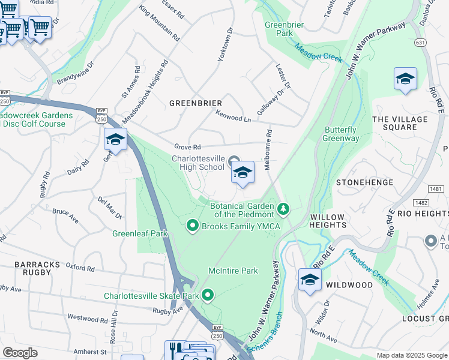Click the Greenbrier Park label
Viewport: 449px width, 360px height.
tap(285, 29)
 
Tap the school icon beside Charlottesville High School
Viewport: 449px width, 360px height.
tap(243, 173)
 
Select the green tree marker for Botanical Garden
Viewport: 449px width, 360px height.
tap(283, 209)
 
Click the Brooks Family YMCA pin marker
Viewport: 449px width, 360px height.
tap(193, 226)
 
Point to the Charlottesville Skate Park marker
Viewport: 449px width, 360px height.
tap(208, 295)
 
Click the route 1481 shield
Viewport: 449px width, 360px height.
tap(436, 189)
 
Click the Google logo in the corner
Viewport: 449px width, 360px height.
tap(20, 353)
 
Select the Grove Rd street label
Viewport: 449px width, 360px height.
tap(187, 146)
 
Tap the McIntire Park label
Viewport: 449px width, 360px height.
tap(233, 271)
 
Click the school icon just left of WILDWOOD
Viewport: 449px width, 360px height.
tap(310, 280)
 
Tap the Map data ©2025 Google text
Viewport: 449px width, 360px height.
tap(412, 355)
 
